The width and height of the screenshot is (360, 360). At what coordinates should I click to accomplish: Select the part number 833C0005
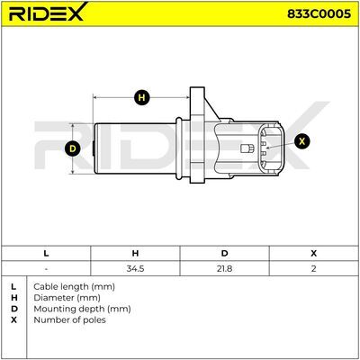pos(319,13)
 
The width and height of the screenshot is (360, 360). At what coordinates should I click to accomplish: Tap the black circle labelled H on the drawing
pos(142,97)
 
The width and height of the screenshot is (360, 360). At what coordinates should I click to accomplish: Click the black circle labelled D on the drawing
pos(73,148)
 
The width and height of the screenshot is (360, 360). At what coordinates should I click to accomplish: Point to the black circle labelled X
pos(302,140)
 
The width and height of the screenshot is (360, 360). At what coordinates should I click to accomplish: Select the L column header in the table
pos(46,254)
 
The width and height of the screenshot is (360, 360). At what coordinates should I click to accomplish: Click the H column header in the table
pos(135,254)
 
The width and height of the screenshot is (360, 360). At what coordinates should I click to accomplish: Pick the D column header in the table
pos(224,254)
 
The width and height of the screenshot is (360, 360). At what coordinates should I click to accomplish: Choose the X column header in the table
pos(314,254)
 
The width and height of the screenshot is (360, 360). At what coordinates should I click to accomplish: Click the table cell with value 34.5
pos(135,268)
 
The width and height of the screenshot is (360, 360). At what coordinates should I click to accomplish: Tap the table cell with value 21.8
pos(224,268)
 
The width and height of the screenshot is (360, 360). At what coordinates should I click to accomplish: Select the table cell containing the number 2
pos(314,268)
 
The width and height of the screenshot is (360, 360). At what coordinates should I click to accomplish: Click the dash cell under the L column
pos(46,268)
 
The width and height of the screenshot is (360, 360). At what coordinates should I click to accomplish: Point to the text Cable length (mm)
pos(74,287)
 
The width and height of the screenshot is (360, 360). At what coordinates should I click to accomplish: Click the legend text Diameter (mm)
pos(67,298)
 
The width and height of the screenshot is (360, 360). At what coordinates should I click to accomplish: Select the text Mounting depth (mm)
pos(82,309)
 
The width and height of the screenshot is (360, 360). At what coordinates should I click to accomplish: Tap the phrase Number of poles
pos(69,320)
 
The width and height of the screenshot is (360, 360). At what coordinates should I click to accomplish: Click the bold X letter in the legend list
pos(13,320)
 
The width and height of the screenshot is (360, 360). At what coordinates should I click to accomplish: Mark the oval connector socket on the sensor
pos(271,148)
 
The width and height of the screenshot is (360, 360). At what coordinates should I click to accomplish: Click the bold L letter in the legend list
pos(13,287)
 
